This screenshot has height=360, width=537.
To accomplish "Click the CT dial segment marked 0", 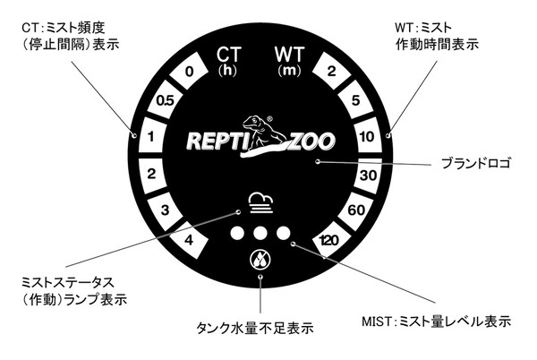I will pos(189,73).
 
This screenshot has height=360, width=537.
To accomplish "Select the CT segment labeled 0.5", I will pos(165,101).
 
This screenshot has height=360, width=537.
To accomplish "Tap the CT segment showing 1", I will pos(151,137).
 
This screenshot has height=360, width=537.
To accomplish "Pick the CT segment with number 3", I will pos(164,210).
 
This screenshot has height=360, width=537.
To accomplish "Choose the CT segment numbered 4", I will pos(188,239).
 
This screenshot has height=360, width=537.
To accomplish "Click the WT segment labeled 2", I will pos(331,73).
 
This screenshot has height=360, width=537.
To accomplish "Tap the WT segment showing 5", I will pos(356,101).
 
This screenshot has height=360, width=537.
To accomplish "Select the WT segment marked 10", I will pos(369,137).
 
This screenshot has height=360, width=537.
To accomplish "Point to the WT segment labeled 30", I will pos(369,176).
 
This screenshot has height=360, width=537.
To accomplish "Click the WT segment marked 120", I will pos(329,239).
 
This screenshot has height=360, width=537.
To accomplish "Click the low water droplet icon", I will pos(260,262).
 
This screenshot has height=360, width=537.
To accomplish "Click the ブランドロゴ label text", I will pos(476,165).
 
